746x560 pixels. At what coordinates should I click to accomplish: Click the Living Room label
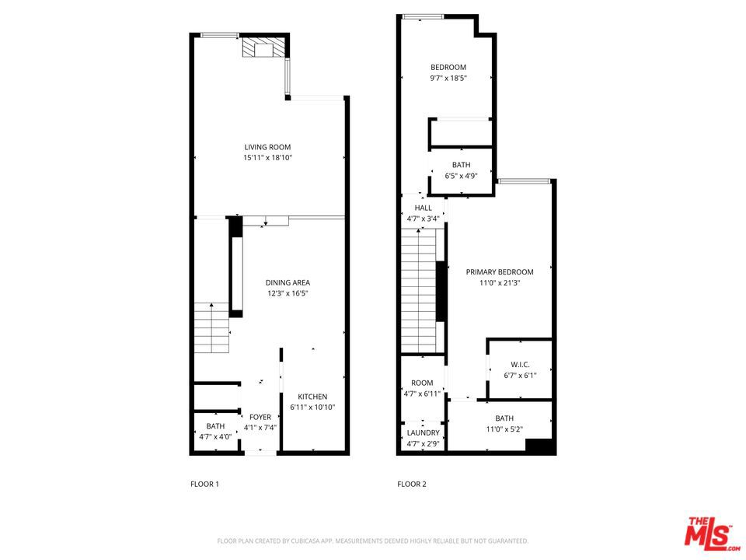[x=267, y=147]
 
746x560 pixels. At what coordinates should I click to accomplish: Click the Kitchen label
[x=312, y=397]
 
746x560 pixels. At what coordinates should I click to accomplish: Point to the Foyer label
[x=260, y=417]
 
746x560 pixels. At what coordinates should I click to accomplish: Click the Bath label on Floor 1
[x=215, y=426]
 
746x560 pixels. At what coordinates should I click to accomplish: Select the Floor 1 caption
[x=204, y=484]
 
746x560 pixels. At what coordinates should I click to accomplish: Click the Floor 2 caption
[x=412, y=484]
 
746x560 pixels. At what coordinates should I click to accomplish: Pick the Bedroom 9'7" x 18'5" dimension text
[x=448, y=78]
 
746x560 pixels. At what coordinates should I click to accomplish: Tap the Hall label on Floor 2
[x=424, y=208]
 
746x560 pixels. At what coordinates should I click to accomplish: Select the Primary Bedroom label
[x=500, y=271]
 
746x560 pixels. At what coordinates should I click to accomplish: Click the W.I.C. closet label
[x=520, y=365]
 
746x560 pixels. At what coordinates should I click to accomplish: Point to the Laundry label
[x=424, y=432]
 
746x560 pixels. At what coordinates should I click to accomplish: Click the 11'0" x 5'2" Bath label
[x=504, y=418]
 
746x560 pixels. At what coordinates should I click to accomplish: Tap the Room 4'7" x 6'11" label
[x=423, y=383]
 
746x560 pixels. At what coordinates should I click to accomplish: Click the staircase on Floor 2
[x=420, y=296]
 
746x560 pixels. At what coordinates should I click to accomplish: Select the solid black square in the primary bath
[x=541, y=446]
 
